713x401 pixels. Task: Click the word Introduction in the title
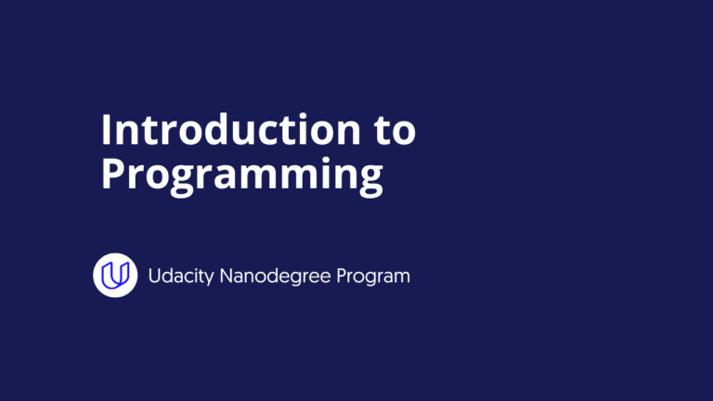pos(224,130)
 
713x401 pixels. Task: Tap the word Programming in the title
pos(241,175)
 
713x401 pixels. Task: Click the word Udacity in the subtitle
pos(181,276)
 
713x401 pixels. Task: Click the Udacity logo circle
pos(115,275)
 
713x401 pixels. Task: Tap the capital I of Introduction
pos(106,130)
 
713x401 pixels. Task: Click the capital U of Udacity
pos(155,276)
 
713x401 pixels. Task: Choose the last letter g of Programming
pos(369,178)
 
